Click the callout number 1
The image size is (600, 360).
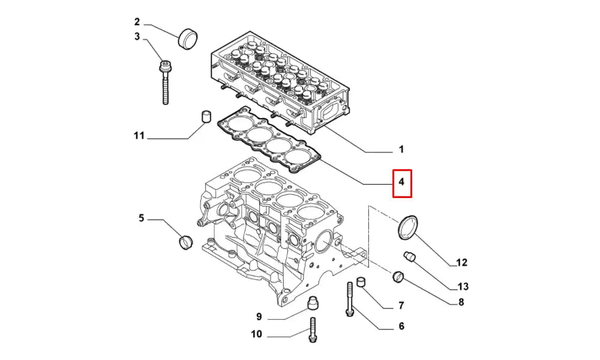click(x=401, y=149)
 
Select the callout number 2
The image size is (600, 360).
click(x=137, y=22)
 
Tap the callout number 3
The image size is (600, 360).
click(x=137, y=37)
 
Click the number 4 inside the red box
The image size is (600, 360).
click(x=402, y=181)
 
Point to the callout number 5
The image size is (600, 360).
click(x=142, y=218)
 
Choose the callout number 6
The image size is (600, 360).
click(x=401, y=326)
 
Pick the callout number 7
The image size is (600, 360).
click(x=401, y=306)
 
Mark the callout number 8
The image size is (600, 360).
click(x=461, y=302)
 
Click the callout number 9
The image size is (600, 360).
click(x=259, y=316)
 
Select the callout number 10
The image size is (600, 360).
click(x=256, y=335)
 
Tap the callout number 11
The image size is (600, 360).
click(x=139, y=136)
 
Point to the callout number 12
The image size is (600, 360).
click(x=461, y=262)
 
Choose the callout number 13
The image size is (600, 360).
click(x=463, y=286)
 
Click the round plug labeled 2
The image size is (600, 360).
click(x=188, y=40)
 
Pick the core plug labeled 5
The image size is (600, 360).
click(x=185, y=242)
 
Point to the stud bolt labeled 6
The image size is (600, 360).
click(x=349, y=299)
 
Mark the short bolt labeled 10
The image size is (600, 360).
click(x=312, y=330)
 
